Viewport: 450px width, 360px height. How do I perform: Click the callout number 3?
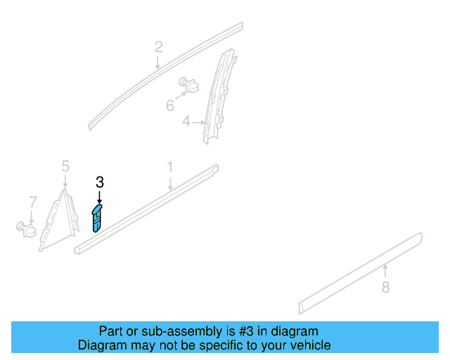[x=100, y=182]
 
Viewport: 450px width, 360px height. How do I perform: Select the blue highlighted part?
[x=97, y=217]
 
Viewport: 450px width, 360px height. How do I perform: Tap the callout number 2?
[x=159, y=47]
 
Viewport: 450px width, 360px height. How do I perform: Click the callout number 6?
[x=169, y=105]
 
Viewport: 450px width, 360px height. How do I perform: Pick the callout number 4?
[x=186, y=122]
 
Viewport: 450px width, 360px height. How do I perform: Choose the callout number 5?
[x=65, y=167]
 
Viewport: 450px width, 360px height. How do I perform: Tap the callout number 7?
[x=32, y=202]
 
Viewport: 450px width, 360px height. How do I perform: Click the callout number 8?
[x=385, y=287]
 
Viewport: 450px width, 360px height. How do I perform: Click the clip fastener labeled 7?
[x=29, y=229]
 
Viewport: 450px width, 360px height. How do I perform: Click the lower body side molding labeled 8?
[x=359, y=271]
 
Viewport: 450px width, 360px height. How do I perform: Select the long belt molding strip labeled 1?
[x=148, y=207]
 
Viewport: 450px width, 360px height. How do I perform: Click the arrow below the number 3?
[x=100, y=197]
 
